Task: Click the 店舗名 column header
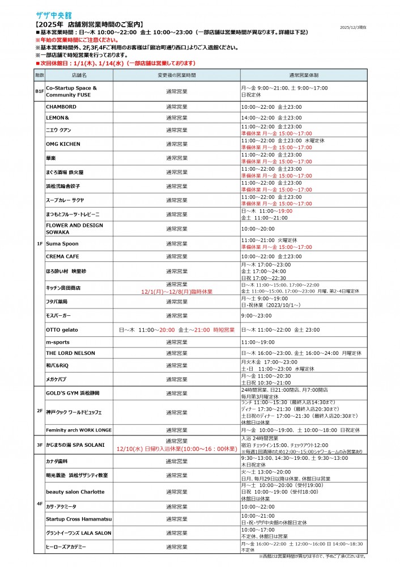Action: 79,75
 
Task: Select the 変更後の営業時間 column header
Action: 176,75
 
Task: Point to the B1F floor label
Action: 39,91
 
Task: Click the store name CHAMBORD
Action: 61,107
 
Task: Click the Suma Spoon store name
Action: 62,244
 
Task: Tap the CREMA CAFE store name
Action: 63,257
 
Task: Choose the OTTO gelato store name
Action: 62,329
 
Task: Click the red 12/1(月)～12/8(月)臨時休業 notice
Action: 177,291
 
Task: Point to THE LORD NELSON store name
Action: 70,353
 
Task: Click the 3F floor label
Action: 39,445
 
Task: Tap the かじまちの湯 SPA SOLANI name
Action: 75,445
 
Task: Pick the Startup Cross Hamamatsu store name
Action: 79,519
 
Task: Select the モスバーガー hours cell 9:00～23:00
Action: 257,315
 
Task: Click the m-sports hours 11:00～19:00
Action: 258,342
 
